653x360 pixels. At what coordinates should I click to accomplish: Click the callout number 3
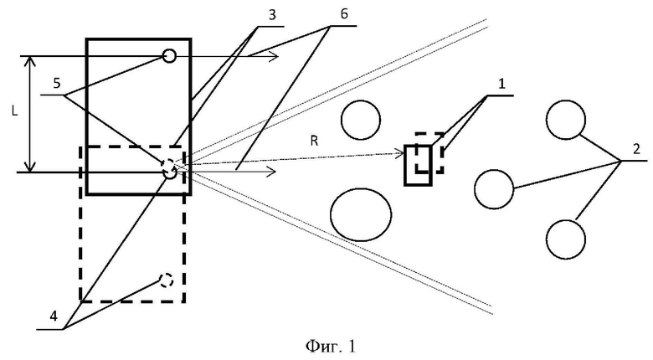[272, 15]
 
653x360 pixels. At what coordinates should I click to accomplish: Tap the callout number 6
[344, 14]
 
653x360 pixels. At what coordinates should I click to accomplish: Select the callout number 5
[57, 83]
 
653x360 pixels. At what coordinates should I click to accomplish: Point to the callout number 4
[54, 316]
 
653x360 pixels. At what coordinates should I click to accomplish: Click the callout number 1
[501, 84]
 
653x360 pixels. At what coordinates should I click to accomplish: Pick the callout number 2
[636, 149]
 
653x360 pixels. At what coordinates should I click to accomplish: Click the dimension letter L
[15, 111]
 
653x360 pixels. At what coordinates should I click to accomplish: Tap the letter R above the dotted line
[315, 141]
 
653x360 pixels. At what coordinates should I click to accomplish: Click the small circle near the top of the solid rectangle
[168, 49]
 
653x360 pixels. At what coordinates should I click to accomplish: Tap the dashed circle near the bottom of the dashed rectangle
[166, 274]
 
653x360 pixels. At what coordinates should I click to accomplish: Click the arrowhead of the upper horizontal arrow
[274, 56]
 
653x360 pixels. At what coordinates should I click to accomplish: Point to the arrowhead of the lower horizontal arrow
[272, 171]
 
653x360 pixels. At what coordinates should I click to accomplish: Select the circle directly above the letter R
[361, 100]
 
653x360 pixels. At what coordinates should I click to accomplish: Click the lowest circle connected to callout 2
[566, 220]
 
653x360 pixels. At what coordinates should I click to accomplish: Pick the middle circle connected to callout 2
[494, 171]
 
